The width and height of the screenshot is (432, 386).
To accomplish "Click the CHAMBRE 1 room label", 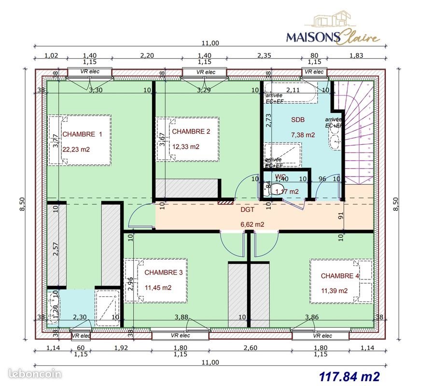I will coord(83,135).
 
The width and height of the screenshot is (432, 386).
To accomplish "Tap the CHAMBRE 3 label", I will coord(164,273).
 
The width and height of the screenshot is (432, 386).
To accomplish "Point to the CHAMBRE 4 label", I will coord(340,276).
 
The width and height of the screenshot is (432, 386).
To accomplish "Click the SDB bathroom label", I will coord(298,120).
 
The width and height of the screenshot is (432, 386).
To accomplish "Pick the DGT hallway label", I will coord(248,210).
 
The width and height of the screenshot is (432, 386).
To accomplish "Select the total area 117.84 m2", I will coord(349,375).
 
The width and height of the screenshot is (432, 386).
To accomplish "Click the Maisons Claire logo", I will coord(333,29).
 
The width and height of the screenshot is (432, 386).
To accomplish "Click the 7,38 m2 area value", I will coord(303,135).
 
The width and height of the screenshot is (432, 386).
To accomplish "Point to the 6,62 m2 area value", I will coord(252,224).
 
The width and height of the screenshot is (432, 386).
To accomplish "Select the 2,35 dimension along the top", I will coord(264,55).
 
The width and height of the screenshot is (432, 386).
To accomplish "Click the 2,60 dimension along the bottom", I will coord(250,348).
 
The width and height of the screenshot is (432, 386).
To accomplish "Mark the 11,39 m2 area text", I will coord(334,290).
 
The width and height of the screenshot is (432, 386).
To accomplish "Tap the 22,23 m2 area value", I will coord(76,150).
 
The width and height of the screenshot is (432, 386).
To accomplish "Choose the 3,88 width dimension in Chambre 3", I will coord(181,317).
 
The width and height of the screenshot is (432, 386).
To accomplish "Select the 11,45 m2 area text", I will coord(158,287).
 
